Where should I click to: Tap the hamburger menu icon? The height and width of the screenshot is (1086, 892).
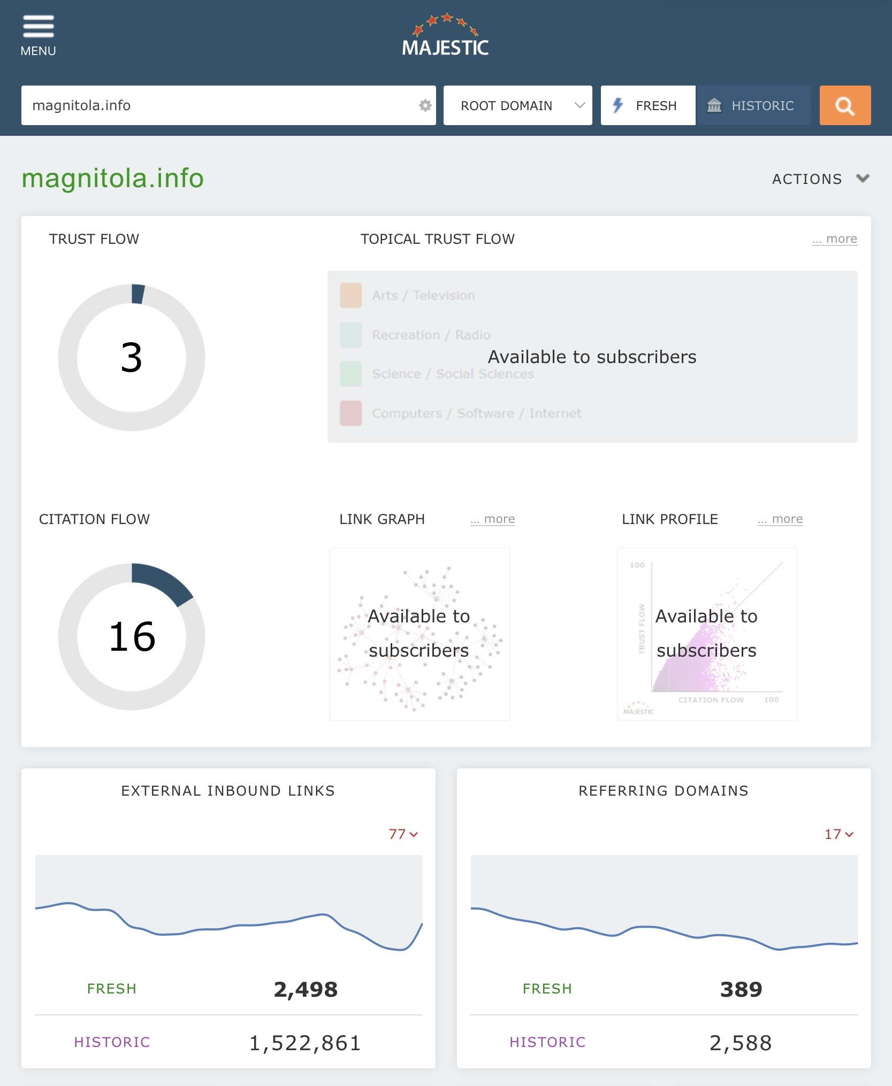(38, 27)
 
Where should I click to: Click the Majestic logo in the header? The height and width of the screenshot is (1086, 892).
(445, 36)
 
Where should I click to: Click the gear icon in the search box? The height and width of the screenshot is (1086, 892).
(425, 105)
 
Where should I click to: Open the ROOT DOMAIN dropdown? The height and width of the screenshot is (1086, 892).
(517, 105)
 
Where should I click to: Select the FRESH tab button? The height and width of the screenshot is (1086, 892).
(647, 105)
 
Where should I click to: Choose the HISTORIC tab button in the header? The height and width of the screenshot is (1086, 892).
(753, 105)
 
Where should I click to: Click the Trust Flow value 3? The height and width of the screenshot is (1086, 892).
(132, 358)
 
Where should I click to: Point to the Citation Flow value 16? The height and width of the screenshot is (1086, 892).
(132, 637)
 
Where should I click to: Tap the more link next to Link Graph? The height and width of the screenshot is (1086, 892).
(493, 519)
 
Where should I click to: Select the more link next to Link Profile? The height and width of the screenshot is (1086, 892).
(780, 519)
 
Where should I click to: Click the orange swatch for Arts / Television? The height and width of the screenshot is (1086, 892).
(351, 296)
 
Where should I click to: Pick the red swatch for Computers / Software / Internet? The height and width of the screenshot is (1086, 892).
(351, 413)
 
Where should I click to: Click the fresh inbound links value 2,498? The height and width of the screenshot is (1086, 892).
(306, 989)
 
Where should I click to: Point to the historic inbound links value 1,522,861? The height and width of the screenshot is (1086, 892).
(306, 1043)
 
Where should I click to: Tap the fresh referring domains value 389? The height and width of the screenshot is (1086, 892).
(741, 989)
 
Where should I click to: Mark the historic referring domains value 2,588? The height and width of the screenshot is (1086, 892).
(741, 1043)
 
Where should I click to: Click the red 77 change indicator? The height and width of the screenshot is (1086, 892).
(403, 834)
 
